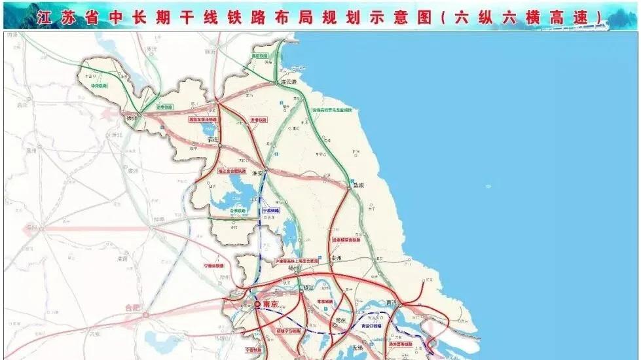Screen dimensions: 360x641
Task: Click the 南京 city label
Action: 270,304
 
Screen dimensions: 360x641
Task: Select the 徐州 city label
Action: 133,118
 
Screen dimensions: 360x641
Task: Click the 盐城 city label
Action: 356,185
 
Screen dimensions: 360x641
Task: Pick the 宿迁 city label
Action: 211,139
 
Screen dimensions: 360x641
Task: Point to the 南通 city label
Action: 393,302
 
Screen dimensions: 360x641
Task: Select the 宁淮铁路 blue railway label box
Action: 270,211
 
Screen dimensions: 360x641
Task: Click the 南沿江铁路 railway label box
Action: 373,325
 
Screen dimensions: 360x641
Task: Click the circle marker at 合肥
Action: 145,315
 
